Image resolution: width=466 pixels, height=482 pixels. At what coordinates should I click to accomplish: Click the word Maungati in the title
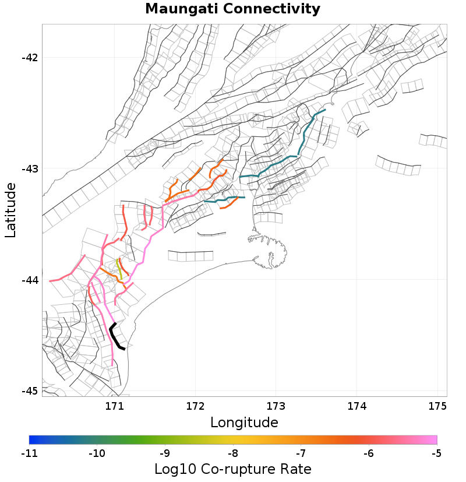click(181, 9)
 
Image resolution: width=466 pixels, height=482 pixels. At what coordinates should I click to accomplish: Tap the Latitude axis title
click(10, 210)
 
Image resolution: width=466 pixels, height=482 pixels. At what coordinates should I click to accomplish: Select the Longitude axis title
click(244, 422)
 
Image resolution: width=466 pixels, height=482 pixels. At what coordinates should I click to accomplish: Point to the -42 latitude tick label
click(29, 58)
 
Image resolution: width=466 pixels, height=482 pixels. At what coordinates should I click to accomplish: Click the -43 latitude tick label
click(29, 169)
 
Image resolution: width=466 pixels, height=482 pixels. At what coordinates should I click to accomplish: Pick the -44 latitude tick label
click(29, 280)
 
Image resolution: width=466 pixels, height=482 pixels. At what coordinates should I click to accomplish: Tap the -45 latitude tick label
click(29, 391)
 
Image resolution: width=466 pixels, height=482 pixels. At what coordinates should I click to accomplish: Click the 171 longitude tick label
click(115, 405)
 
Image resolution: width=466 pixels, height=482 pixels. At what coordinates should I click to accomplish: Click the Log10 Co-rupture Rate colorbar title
click(233, 469)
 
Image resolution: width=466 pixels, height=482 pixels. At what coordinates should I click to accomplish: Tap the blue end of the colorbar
click(32, 440)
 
